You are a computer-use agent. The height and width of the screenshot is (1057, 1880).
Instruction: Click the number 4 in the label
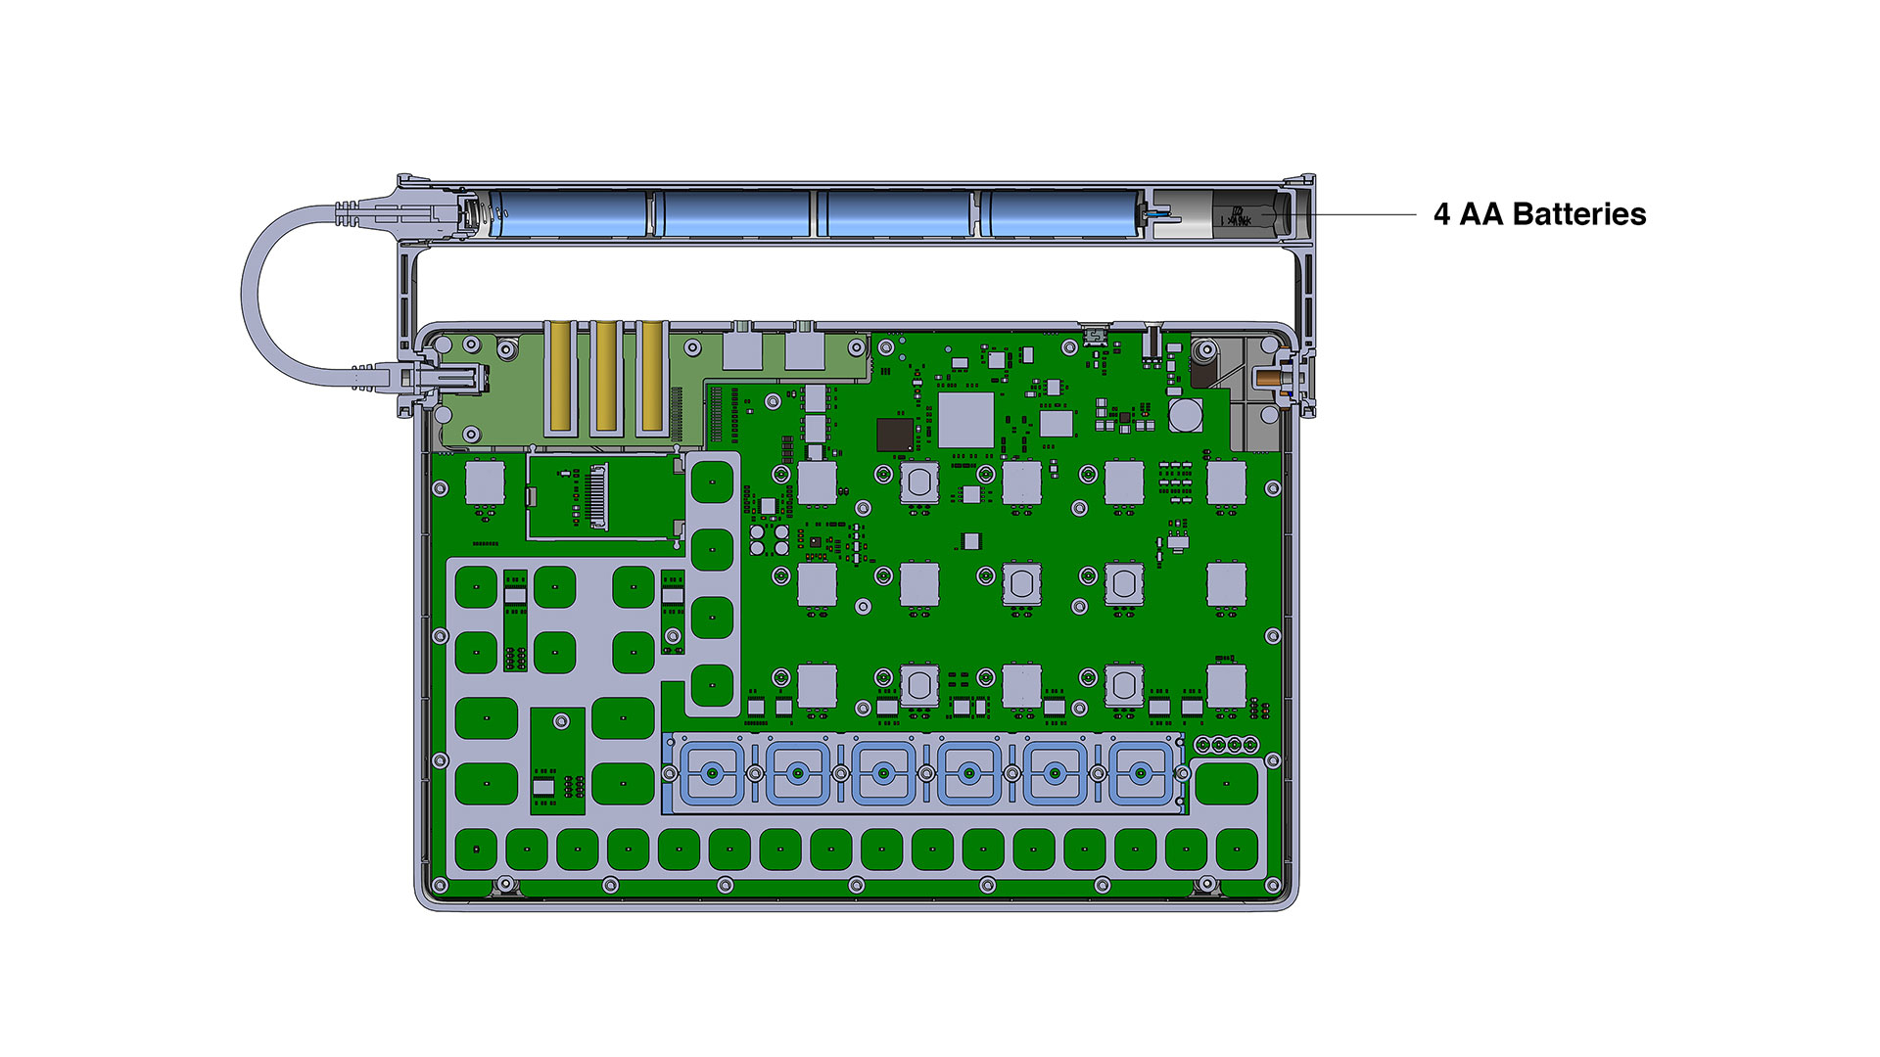pos(1441,214)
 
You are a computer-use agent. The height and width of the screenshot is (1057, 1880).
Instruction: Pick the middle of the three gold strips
pos(605,376)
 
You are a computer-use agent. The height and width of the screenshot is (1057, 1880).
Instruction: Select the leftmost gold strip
pos(560,376)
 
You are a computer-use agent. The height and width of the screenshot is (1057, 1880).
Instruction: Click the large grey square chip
pos(966,420)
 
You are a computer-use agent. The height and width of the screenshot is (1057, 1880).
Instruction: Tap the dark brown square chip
pos(895,435)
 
